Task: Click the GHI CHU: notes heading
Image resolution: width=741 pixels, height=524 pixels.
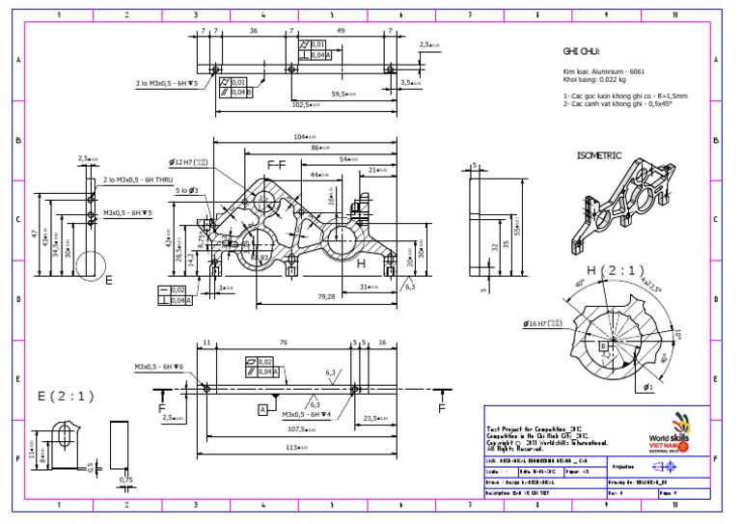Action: (582, 51)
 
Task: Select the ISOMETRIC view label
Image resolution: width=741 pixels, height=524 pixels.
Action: (599, 155)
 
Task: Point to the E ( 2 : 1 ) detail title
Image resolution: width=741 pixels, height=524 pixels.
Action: (66, 396)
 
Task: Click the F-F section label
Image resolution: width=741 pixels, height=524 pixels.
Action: (276, 165)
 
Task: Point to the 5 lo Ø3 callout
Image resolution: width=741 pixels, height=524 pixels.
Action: (187, 191)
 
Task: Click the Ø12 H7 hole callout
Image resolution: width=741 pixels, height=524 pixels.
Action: (187, 162)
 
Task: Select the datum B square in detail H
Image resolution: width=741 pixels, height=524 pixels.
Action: (603, 344)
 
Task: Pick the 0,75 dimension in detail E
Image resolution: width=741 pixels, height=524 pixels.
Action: (125, 480)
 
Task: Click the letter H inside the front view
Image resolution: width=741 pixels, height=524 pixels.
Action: (361, 263)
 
